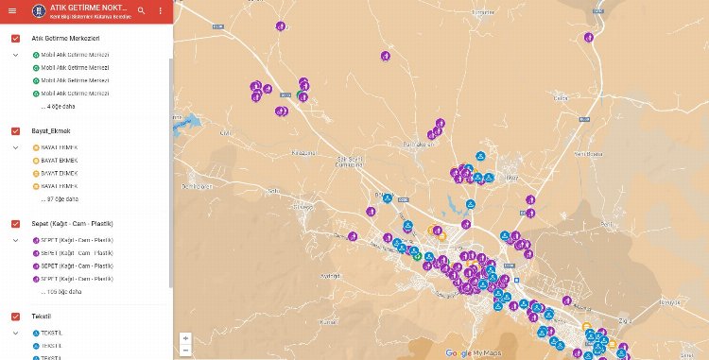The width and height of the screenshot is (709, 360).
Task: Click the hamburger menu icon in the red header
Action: click(x=10, y=11)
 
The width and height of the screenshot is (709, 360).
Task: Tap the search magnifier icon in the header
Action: click(x=141, y=11)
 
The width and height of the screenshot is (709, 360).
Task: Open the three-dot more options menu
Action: click(x=161, y=11)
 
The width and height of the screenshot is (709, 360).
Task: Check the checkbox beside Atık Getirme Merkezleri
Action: click(x=15, y=38)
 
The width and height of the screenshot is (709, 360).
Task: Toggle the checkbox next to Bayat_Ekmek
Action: click(x=15, y=130)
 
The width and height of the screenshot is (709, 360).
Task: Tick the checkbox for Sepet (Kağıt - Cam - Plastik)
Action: click(x=15, y=223)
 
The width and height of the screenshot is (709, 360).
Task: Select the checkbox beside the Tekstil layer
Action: click(x=15, y=316)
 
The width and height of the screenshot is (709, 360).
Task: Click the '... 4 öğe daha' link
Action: click(x=61, y=107)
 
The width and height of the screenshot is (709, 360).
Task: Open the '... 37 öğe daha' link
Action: click(x=63, y=199)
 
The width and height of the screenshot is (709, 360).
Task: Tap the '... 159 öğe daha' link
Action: click(x=65, y=292)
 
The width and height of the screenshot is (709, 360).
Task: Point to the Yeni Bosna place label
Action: click(x=589, y=152)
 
